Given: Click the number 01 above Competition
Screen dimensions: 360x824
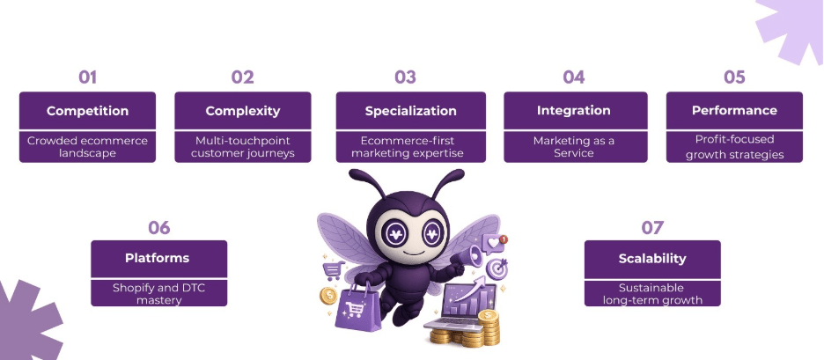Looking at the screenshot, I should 87,77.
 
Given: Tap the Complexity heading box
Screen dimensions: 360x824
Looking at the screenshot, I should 242,111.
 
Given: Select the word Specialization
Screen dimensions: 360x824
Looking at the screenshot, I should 410,111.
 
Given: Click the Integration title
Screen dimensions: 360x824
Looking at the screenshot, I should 573,111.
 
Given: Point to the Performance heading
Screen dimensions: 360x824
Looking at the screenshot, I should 734,111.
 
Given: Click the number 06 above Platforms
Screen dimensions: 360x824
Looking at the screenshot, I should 158,228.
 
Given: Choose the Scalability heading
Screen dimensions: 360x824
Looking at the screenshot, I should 651,259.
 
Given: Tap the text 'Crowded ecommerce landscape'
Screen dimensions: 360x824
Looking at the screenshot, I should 87,146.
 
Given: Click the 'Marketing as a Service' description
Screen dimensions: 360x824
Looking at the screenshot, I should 573,146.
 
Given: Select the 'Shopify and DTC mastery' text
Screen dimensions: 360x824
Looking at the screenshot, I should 158,293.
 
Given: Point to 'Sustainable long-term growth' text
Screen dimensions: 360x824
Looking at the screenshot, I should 651,293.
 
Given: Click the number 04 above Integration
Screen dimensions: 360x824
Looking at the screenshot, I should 573,77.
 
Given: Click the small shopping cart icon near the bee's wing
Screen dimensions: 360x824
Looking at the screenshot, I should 333,271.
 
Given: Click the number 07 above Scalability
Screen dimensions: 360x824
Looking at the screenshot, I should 651,228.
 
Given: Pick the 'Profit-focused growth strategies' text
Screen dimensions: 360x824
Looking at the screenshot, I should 734,146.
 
